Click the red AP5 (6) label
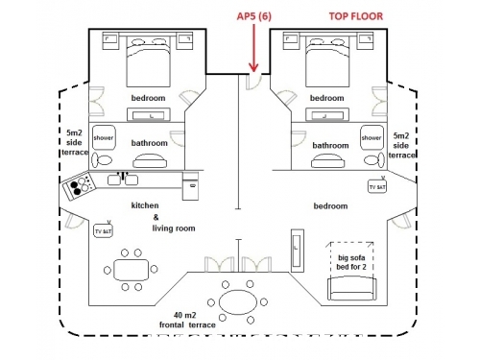(x=254, y=16)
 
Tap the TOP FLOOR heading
(x=356, y=16)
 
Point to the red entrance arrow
(x=253, y=48)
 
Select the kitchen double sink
(x=123, y=180)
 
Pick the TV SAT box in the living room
(x=103, y=230)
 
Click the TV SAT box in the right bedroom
(x=377, y=187)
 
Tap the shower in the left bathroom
(x=104, y=137)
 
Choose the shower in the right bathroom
(x=372, y=137)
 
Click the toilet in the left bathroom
(x=102, y=160)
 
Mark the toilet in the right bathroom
(x=374, y=160)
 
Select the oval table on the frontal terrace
(x=238, y=302)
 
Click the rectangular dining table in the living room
(x=132, y=270)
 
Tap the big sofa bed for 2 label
(x=351, y=262)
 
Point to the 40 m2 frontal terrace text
(x=187, y=320)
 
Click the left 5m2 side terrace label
(x=75, y=142)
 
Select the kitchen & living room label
(x=163, y=217)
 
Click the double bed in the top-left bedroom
(x=148, y=61)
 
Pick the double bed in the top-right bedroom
(x=327, y=61)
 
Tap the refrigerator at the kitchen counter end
(x=190, y=186)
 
